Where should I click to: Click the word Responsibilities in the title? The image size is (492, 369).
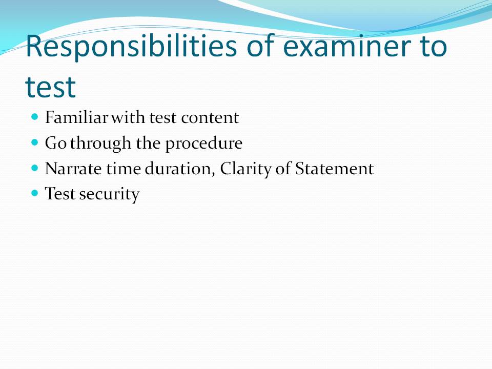[x=131, y=46]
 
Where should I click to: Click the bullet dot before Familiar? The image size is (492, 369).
[x=35, y=117]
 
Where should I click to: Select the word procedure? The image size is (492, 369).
[x=203, y=143]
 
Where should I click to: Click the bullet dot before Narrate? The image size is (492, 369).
[x=35, y=168]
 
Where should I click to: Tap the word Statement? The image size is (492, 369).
[x=334, y=169]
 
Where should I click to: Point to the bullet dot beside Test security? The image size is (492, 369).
[x=35, y=193]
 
